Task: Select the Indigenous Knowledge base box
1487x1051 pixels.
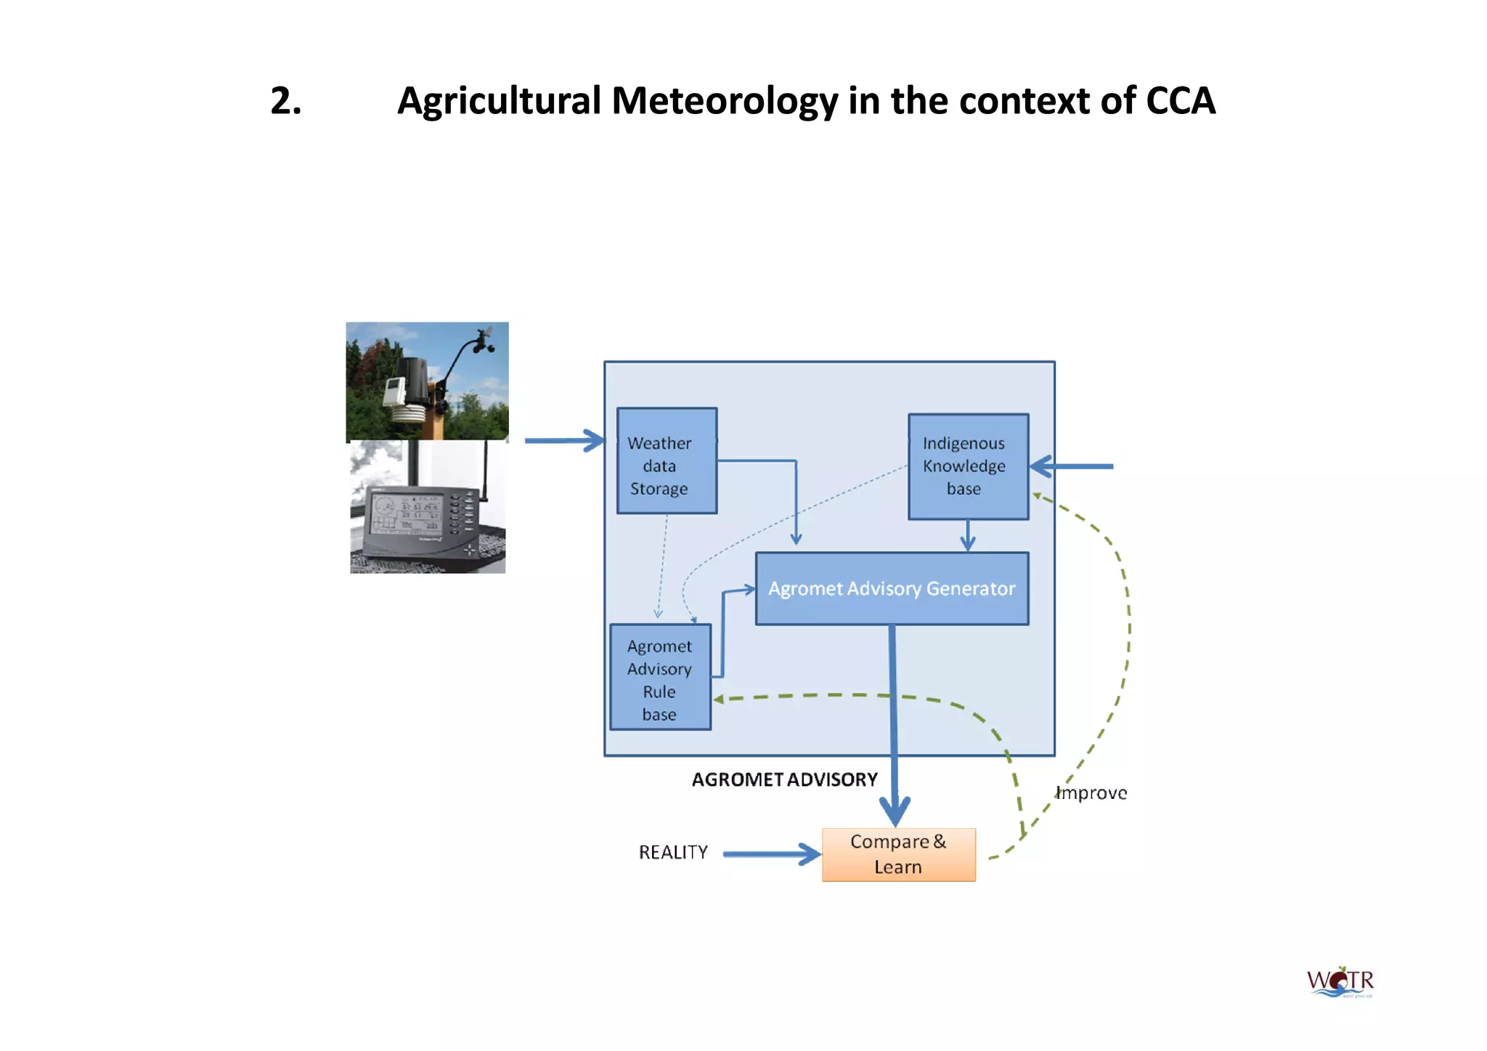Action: click(x=968, y=466)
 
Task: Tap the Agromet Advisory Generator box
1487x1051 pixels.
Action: click(x=892, y=588)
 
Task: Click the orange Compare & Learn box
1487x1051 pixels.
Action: click(x=898, y=855)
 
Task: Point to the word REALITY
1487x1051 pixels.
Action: click(x=673, y=853)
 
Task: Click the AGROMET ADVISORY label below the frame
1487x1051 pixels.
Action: click(x=784, y=780)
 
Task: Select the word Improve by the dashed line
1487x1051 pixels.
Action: click(x=1092, y=793)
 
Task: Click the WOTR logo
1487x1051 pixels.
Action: click(x=1340, y=983)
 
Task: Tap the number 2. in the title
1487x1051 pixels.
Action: click(x=286, y=101)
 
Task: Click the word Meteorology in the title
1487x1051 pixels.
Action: click(x=724, y=101)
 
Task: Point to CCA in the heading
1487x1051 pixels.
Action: click(x=1180, y=101)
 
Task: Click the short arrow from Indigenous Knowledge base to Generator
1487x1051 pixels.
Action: click(x=968, y=536)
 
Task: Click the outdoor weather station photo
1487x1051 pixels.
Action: click(x=427, y=381)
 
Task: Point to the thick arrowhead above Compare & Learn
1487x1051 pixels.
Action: click(x=895, y=809)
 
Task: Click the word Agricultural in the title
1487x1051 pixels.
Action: click(x=499, y=101)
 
